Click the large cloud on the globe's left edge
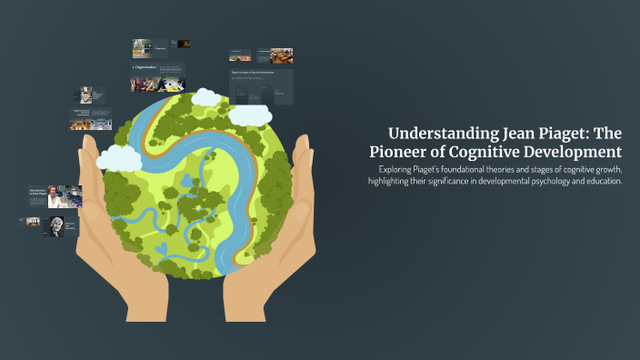pyautogui.click(x=119, y=157)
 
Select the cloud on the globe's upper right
pyautogui.click(x=250, y=115)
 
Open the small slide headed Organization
pyautogui.click(x=157, y=76)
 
